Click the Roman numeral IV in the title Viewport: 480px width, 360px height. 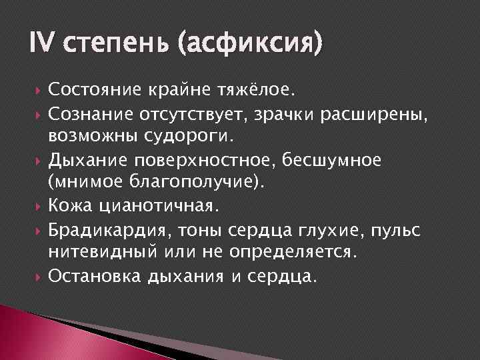[45, 45]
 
